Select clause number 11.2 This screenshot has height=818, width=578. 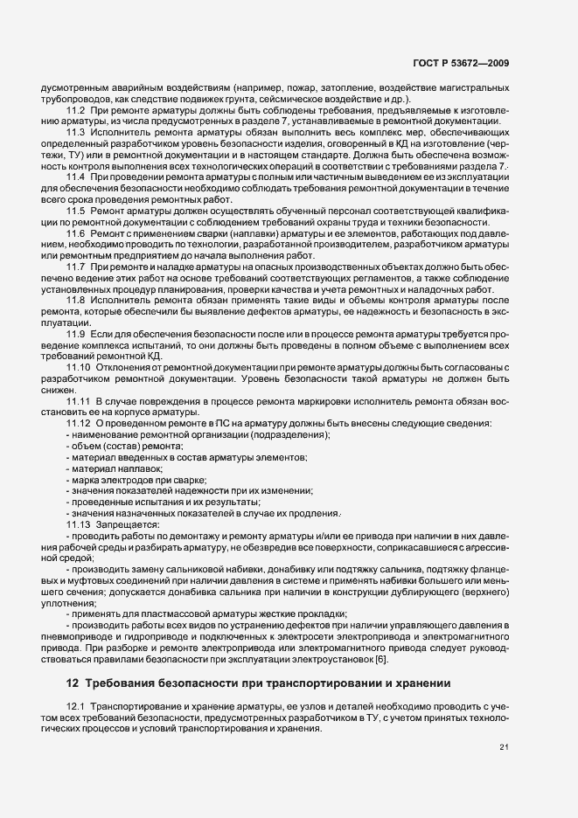75,112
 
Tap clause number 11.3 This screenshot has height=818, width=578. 75,131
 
